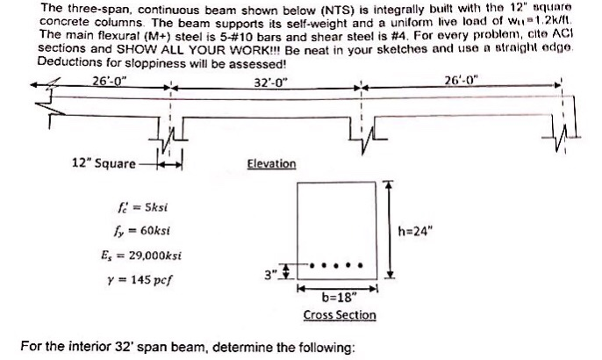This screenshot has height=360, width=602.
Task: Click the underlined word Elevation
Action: pyautogui.click(x=271, y=163)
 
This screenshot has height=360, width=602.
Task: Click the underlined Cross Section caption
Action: pyautogui.click(x=340, y=314)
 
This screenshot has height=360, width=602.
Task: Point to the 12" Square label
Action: pyautogui.click(x=104, y=163)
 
